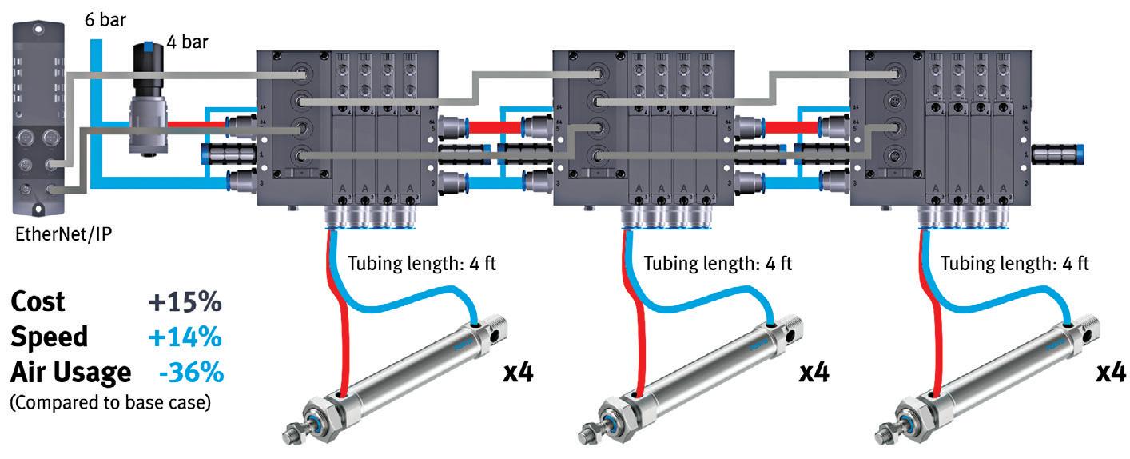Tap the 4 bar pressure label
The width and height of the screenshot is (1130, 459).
(x=188, y=40)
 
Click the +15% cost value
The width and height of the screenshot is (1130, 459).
(x=184, y=302)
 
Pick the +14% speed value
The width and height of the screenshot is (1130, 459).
(x=184, y=337)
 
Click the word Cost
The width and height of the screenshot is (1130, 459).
(x=38, y=302)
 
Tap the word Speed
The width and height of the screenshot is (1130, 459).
(x=49, y=337)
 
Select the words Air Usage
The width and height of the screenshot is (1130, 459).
(x=70, y=372)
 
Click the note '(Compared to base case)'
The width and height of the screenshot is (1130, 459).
(x=109, y=402)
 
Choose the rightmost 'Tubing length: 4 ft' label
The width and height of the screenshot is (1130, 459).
(x=1014, y=263)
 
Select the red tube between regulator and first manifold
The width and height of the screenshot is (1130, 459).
(x=192, y=123)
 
